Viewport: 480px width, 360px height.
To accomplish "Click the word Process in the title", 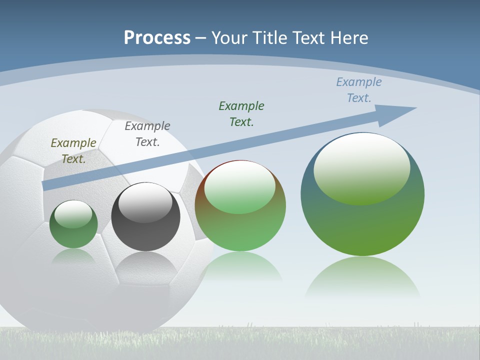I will click(x=157, y=37).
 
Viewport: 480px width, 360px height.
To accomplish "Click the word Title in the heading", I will click(x=272, y=37).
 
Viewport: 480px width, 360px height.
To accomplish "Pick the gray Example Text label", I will click(x=147, y=134).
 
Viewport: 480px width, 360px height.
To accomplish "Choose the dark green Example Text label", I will click(x=241, y=114).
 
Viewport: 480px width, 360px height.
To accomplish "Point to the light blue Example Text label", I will click(x=359, y=90).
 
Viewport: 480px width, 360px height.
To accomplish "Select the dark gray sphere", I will click(x=145, y=230).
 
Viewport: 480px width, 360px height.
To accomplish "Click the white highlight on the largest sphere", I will click(x=361, y=167).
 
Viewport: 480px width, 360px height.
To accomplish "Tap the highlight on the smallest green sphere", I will click(x=73, y=214).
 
